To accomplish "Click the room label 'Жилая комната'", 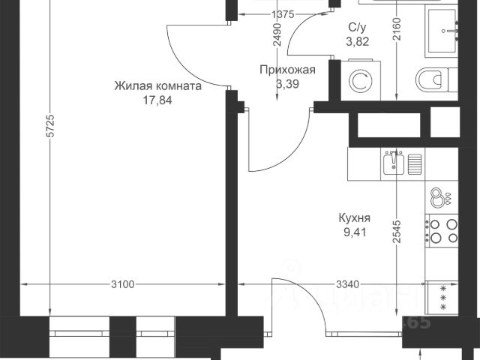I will click(x=158, y=86).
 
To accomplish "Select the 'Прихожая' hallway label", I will click(x=287, y=70).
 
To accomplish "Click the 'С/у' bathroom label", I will click(x=357, y=27).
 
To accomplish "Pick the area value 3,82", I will click(x=357, y=40).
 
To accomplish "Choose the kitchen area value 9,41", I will click(x=355, y=233).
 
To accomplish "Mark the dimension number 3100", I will click(x=122, y=284).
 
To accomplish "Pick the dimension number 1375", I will click(x=261, y=14).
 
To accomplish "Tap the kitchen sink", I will click(x=395, y=162).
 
